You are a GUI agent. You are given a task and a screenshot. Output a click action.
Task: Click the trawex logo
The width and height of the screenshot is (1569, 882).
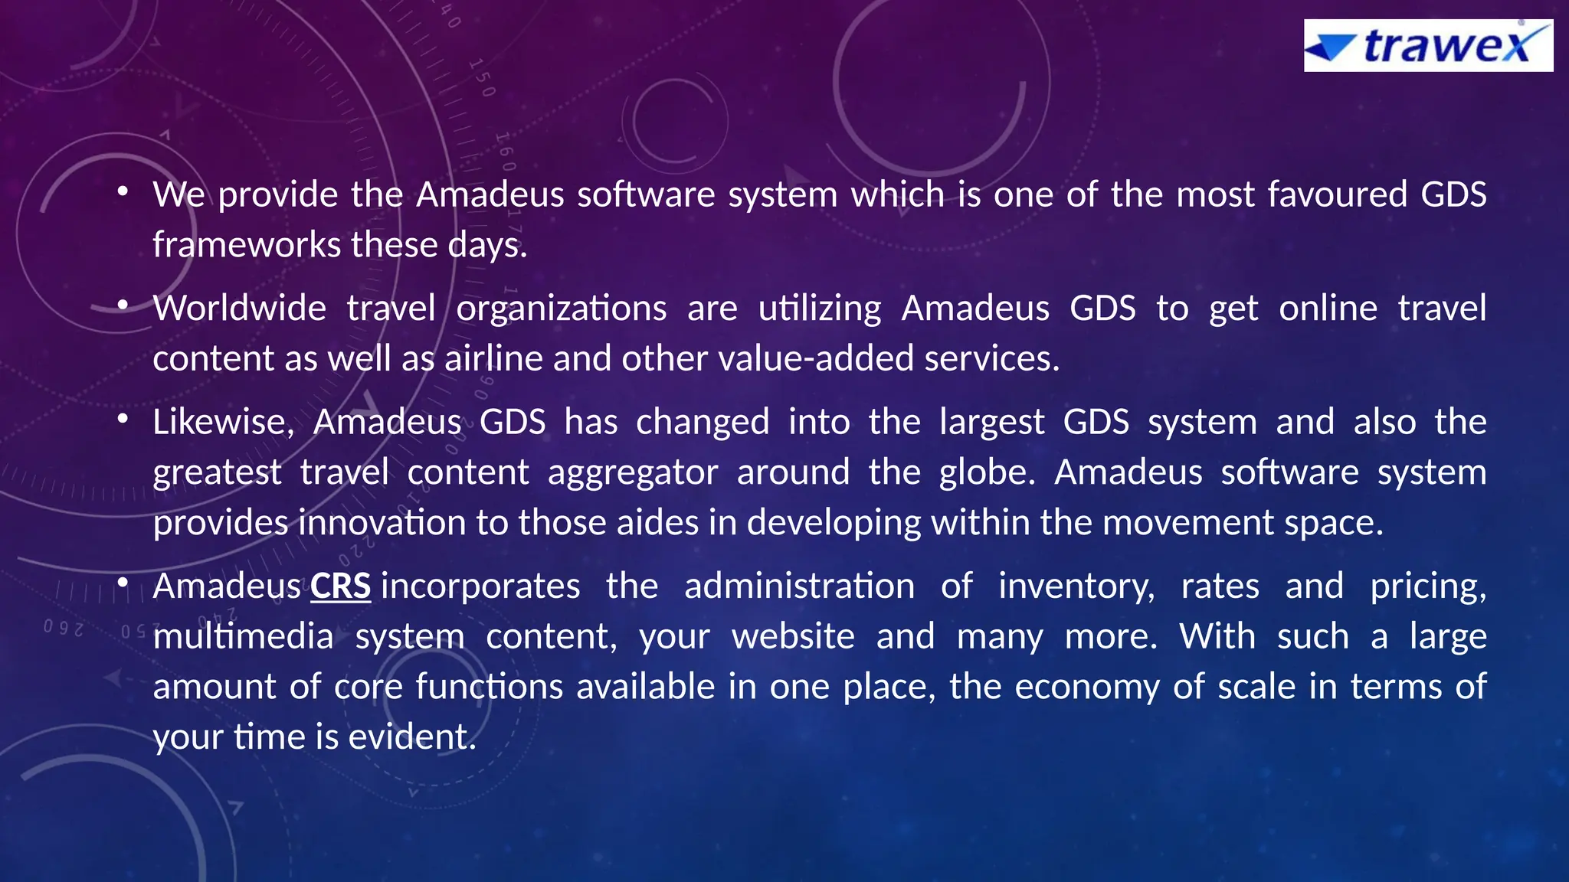point(1428,46)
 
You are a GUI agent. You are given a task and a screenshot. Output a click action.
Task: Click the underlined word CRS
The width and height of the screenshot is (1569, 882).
point(340,586)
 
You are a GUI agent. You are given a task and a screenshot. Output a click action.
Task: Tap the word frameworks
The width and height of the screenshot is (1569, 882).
point(247,245)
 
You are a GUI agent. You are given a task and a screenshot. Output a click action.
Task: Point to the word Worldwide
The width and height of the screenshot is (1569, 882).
point(239,309)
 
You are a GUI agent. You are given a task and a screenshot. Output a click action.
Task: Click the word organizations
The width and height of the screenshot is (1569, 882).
point(562,309)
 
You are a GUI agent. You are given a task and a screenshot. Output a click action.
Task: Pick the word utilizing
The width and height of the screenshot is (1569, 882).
point(820,309)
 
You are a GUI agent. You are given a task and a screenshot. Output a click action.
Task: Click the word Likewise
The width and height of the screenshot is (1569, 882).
point(223,422)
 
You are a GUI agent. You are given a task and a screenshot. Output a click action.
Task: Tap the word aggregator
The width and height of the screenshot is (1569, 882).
point(633,472)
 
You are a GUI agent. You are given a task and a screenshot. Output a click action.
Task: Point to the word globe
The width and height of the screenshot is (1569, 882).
point(987,472)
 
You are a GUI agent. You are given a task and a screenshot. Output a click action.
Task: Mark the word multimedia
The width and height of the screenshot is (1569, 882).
point(243,637)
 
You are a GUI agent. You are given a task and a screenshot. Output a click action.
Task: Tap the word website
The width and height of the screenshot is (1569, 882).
point(793,637)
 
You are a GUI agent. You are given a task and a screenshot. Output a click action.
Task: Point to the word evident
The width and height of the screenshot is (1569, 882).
point(412,737)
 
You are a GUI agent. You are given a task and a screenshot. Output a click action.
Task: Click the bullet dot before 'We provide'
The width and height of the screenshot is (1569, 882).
point(123,192)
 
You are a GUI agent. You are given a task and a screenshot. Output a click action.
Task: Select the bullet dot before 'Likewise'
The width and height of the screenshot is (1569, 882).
point(123,420)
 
